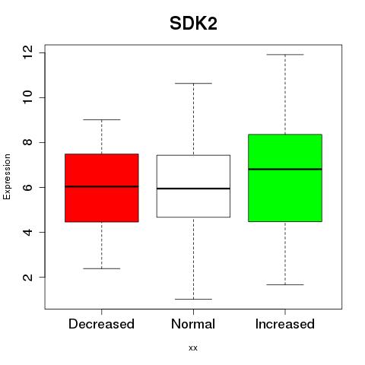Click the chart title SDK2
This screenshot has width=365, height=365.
193,24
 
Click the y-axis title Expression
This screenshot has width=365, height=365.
7,176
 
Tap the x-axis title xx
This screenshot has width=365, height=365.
193,348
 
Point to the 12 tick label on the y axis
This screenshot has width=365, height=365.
27,52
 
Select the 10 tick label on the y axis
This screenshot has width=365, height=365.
27,97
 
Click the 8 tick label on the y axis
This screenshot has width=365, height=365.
27,142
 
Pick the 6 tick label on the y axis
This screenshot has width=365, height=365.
27,187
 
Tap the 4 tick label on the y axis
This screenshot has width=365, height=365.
27,232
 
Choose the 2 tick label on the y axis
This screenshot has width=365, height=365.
27,277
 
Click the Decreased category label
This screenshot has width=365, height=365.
101,324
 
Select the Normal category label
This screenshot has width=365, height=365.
193,324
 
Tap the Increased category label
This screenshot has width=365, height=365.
285,324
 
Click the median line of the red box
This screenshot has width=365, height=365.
102,186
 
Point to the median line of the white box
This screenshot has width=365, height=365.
193,189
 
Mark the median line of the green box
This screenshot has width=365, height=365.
285,169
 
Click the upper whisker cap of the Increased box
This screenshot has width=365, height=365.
285,55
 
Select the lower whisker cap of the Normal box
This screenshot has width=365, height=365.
193,299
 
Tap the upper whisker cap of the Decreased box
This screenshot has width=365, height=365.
102,119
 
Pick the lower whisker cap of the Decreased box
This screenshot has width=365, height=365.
102,268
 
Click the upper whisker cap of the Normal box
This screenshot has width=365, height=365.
193,83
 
